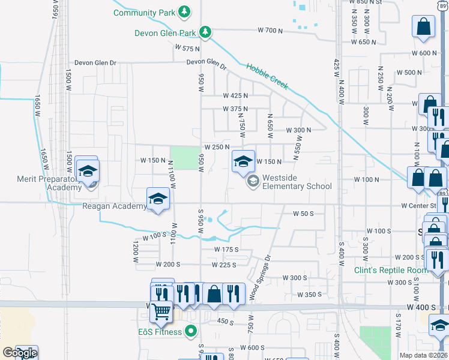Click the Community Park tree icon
click(185, 12)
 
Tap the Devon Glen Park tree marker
click(205, 31)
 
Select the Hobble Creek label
click(268, 76)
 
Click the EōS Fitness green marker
click(191, 331)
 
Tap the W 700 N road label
click(270, 30)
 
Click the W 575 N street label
click(187, 47)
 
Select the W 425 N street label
click(235, 95)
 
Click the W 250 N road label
click(217, 147)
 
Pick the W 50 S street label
click(304, 214)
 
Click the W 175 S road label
click(227, 250)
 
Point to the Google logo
click(19, 353)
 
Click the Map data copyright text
click(424, 355)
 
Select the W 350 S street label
click(312, 295)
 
